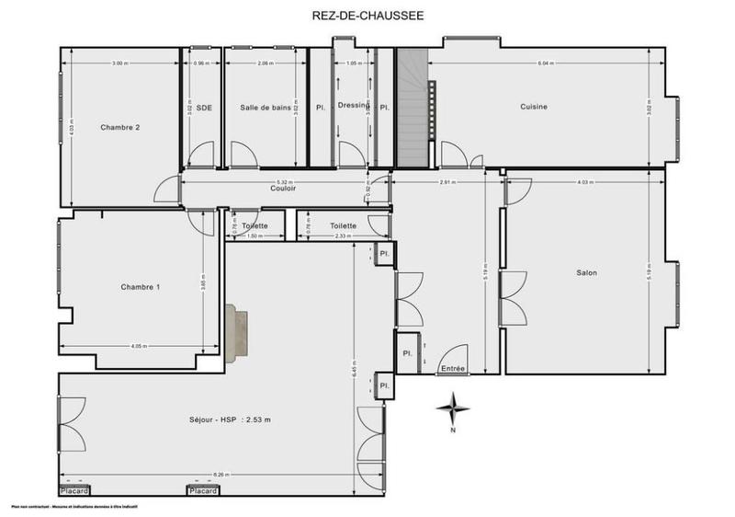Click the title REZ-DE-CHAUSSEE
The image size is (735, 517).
click(368, 16)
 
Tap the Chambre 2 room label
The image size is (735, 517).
click(120, 127)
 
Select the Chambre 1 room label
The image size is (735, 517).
click(141, 287)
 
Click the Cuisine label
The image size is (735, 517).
click(534, 107)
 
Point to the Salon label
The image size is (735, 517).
click(587, 272)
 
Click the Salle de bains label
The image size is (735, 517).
click(265, 108)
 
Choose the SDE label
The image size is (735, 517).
click(204, 108)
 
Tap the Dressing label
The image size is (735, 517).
click(354, 106)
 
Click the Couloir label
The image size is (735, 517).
click(283, 189)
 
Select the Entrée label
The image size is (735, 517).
click(453, 369)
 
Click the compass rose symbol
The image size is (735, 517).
click(453, 408)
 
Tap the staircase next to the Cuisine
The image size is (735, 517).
click(413, 108)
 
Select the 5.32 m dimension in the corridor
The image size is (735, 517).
click(285, 182)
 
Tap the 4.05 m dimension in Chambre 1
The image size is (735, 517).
click(140, 346)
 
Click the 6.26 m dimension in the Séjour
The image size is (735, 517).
click(220, 475)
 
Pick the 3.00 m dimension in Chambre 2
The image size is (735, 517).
click(119, 63)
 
